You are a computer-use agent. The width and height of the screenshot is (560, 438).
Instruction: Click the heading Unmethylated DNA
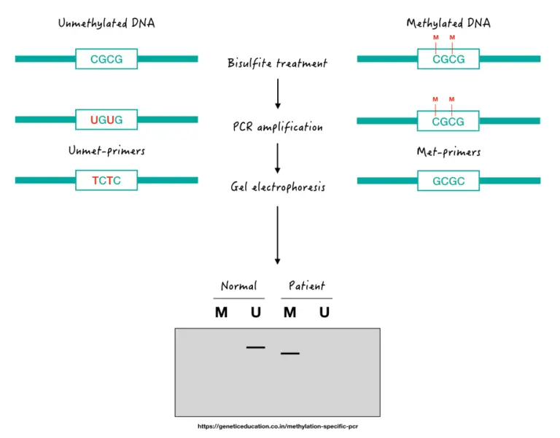coord(106,23)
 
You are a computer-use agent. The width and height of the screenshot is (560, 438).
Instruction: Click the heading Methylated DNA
coord(448,23)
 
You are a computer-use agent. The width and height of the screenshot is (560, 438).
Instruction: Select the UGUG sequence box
coord(106,120)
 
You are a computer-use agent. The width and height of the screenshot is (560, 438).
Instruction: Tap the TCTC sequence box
coord(106,180)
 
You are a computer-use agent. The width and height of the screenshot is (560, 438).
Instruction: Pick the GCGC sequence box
coord(448,180)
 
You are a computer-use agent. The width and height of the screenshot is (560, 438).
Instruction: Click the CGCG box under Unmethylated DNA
coord(106,59)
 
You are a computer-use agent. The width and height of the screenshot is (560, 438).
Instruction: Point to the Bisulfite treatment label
coord(277,63)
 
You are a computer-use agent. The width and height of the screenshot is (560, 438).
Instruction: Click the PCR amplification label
coord(277,127)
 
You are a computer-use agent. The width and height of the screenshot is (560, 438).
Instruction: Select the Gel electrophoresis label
coord(277,187)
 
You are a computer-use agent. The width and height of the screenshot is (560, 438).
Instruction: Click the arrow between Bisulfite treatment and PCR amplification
coord(277,94)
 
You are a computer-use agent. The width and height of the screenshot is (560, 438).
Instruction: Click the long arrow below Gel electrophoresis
coord(277,235)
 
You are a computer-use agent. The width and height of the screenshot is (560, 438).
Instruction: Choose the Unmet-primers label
coord(106,151)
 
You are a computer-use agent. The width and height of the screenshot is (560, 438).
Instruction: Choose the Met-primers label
coord(448,152)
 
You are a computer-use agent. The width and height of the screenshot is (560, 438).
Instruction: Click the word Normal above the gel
coord(239,286)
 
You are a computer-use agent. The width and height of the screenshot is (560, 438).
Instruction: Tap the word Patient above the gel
coord(306,286)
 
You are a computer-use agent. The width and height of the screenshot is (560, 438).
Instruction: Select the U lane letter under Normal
coord(255,313)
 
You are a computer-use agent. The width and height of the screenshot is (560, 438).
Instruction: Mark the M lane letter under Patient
coord(289,313)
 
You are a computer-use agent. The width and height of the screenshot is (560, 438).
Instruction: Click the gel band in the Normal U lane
coord(255,347)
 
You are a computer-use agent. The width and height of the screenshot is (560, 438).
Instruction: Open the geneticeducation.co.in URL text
coord(278,426)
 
